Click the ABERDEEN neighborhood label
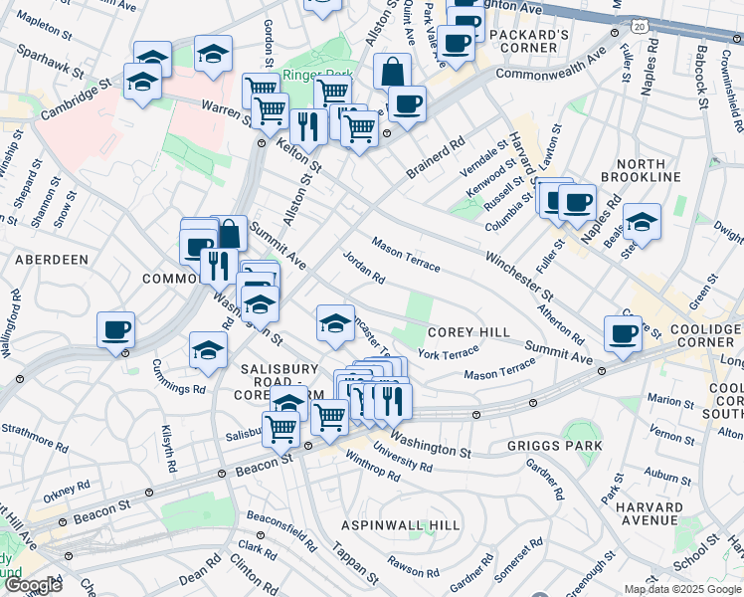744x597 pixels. (52, 259)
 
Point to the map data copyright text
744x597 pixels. (683, 589)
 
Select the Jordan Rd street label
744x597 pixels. (363, 267)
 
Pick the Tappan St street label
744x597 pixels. (355, 565)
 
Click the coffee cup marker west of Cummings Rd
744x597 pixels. (115, 328)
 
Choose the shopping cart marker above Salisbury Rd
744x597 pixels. (281, 427)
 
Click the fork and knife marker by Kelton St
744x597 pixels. (308, 124)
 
